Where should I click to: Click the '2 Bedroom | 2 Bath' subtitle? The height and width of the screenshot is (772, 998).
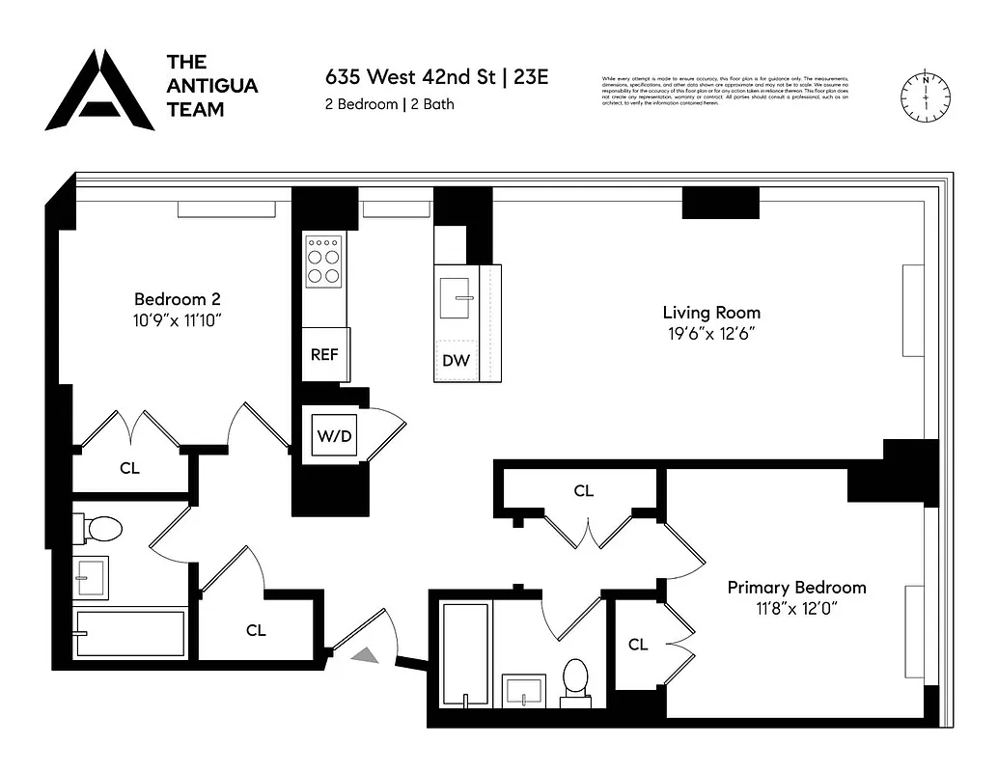pyautogui.click(x=389, y=104)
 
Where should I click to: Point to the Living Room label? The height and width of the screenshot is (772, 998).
pyautogui.click(x=710, y=313)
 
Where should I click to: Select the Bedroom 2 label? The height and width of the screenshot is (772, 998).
pyautogui.click(x=183, y=299)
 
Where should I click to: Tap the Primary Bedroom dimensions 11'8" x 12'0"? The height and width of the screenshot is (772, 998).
pyautogui.click(x=796, y=609)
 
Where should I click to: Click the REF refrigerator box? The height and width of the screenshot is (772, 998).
pyautogui.click(x=324, y=354)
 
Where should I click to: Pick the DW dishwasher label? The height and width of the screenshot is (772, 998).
pyautogui.click(x=456, y=361)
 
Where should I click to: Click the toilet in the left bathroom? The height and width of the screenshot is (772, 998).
pyautogui.click(x=99, y=528)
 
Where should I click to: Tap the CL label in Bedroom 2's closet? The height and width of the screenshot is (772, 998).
pyautogui.click(x=129, y=468)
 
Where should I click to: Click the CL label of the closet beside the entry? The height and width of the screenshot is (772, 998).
pyautogui.click(x=256, y=630)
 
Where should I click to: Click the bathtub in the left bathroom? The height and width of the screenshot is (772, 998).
pyautogui.click(x=130, y=633)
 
